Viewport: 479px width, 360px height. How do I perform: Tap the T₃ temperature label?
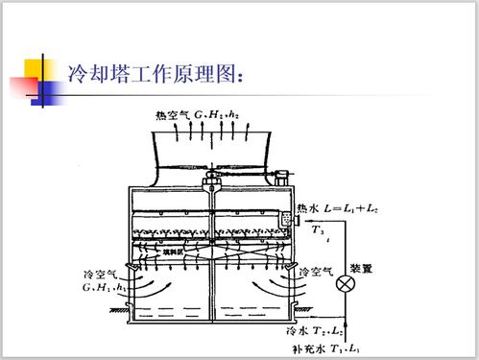pyautogui.click(x=319, y=230)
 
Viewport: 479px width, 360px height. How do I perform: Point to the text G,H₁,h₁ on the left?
pyautogui.click(x=103, y=286)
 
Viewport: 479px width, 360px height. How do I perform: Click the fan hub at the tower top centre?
pyautogui.click(x=212, y=180)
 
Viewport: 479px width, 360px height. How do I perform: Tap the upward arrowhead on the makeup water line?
pyautogui.click(x=342, y=327)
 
